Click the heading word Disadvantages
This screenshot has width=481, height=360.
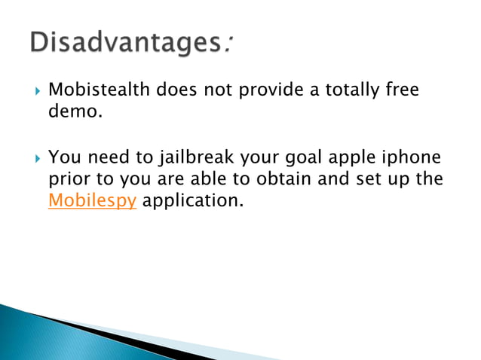click(x=124, y=43)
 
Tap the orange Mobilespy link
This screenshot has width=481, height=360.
click(x=92, y=202)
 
